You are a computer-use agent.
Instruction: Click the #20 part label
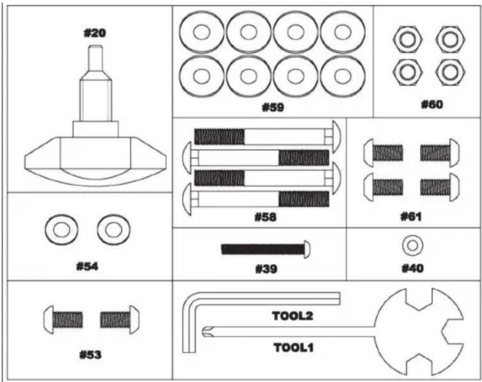click(95, 33)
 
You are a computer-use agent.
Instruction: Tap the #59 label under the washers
click(272, 108)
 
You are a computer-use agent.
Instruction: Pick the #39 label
click(266, 269)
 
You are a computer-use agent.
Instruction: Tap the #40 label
click(413, 269)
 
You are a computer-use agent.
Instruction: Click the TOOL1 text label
click(293, 348)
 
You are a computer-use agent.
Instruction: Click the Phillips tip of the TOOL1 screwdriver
click(207, 330)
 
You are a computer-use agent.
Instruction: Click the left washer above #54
click(59, 229)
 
